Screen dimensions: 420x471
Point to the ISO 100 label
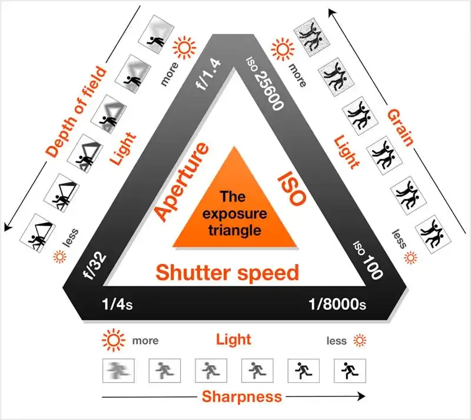point(367,259)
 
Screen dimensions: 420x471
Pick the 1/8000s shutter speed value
point(337,305)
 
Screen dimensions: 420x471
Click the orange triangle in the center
point(234,206)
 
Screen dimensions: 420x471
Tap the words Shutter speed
point(227,273)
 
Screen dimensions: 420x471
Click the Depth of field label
point(77,112)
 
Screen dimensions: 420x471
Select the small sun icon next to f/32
point(59,256)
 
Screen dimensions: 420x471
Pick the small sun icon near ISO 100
point(411,257)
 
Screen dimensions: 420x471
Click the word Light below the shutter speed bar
point(233,339)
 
